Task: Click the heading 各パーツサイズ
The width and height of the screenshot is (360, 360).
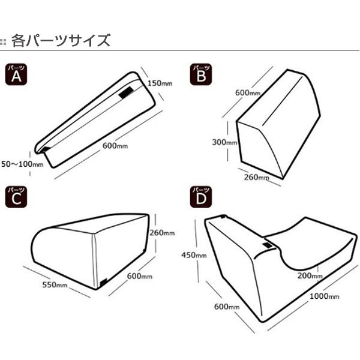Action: pos(61,41)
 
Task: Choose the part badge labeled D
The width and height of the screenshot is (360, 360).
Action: pos(200,197)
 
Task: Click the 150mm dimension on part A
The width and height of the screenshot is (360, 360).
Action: pos(160,83)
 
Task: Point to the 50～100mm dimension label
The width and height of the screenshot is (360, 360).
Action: pos(22,163)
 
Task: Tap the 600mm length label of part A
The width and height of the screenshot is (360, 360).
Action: pos(115,144)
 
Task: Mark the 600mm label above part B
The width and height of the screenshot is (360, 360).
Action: pos(247,93)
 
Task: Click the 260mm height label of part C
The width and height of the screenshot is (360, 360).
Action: pos(161,233)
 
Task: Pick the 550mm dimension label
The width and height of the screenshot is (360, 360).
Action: pos(55,284)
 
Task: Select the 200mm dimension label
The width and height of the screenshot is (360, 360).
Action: pos(310,275)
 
